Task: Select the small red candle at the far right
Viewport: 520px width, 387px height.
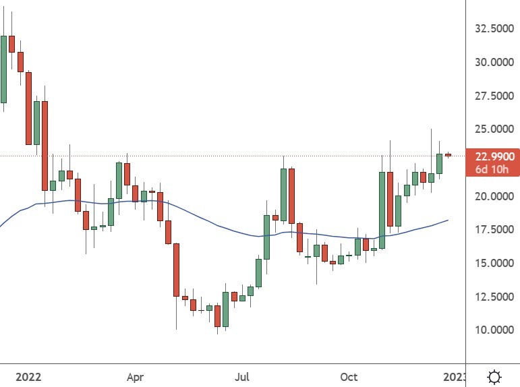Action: click(448, 155)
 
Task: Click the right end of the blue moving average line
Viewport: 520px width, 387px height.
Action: click(448, 220)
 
